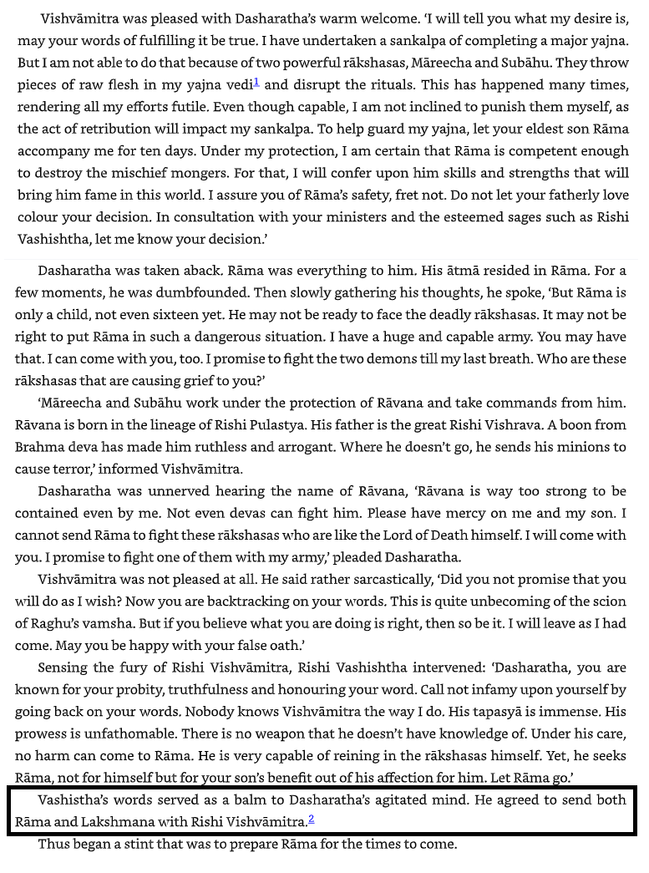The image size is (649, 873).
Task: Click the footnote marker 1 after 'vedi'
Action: point(256,81)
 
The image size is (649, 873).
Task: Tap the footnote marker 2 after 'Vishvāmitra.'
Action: point(312,818)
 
